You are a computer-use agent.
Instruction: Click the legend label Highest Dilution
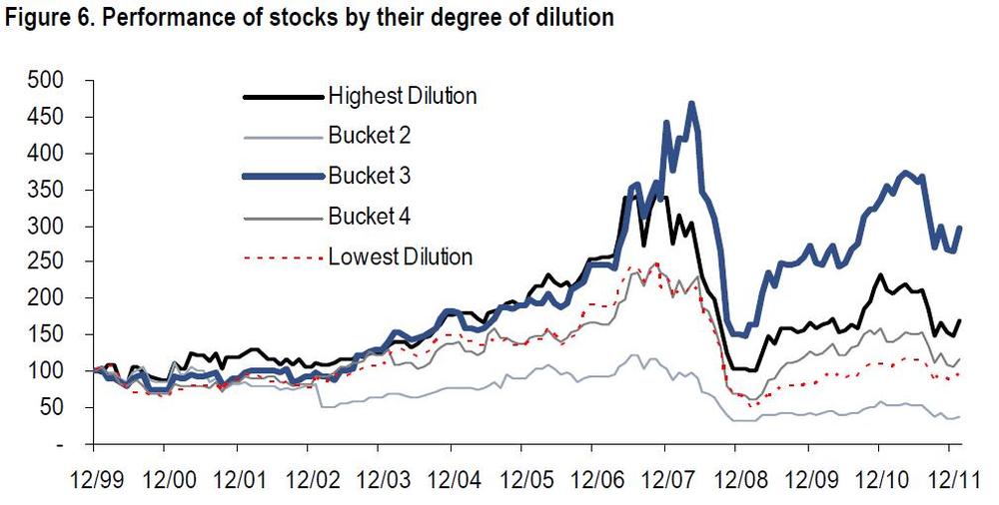point(402,96)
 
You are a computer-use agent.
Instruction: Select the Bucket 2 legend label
point(369,136)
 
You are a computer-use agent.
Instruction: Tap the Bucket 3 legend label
point(369,176)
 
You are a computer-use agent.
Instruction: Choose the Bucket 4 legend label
point(369,216)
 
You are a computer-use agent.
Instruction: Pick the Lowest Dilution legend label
point(400,256)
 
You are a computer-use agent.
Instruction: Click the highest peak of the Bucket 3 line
point(690,103)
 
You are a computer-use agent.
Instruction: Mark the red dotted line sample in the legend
point(282,256)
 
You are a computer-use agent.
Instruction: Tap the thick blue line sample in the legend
point(282,176)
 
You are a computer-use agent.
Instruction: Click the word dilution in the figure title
point(577,18)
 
